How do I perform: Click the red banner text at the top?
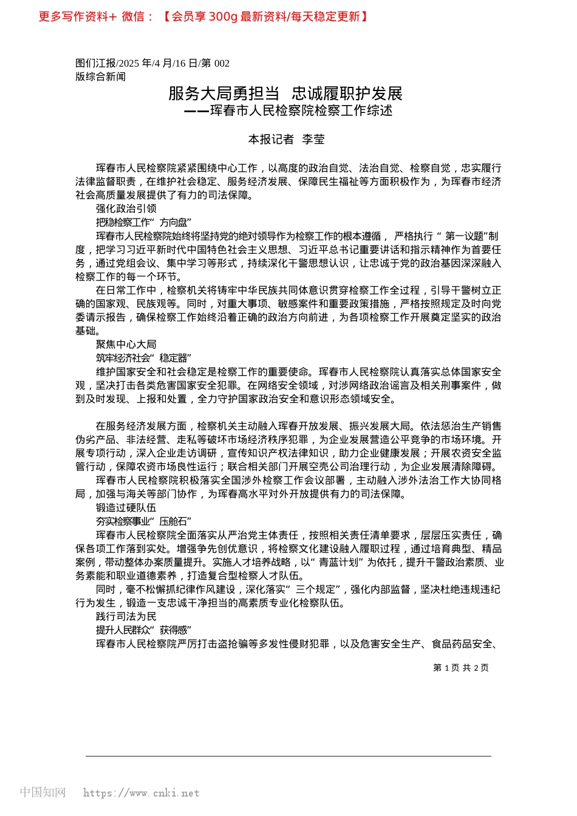click(x=203, y=16)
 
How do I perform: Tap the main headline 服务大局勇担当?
click(x=224, y=93)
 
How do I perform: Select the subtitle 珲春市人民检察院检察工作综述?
click(x=301, y=110)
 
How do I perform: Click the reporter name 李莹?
click(x=313, y=140)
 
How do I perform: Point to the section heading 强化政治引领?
click(x=126, y=209)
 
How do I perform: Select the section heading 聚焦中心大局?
click(x=126, y=345)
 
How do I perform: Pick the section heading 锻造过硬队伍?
click(x=126, y=508)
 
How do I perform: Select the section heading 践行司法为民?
click(x=126, y=617)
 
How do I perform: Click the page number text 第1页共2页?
click(x=460, y=668)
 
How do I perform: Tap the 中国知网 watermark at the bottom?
click(x=43, y=792)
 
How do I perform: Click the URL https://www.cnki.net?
click(x=141, y=793)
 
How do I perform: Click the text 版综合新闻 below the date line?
click(x=100, y=76)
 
